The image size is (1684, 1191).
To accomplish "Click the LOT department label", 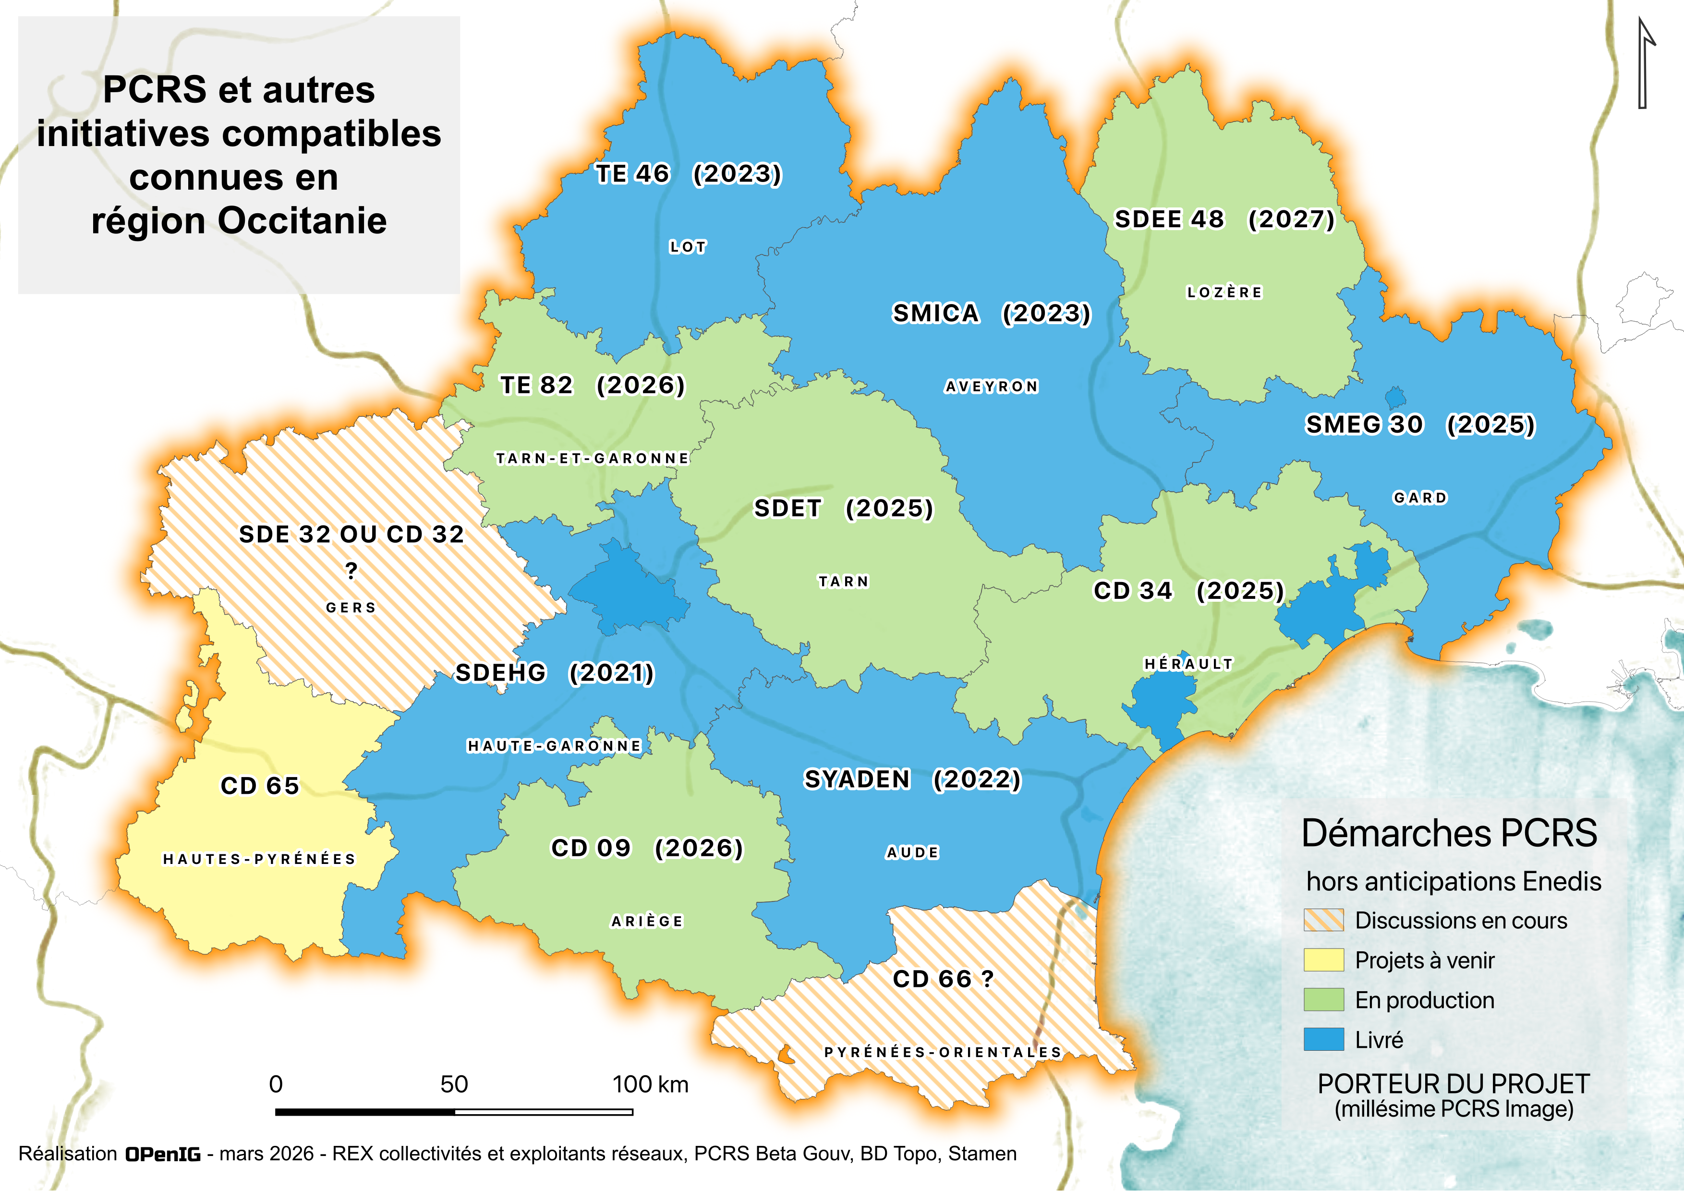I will [687, 247].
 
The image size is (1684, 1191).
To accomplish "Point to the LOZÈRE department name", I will [1224, 292].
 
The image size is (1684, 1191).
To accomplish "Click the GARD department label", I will [1420, 498].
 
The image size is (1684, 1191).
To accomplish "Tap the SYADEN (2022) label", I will [912, 779].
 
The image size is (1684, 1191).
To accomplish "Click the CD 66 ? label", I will [943, 979].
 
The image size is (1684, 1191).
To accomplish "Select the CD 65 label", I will [260, 786].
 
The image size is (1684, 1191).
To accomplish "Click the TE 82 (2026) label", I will [592, 385].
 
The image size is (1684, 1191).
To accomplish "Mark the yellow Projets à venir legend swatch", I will [1323, 960].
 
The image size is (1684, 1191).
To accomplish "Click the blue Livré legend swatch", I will [1323, 1039].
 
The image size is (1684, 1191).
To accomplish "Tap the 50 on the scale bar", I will [454, 1084].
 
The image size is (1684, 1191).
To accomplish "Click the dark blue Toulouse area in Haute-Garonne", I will [629, 590].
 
